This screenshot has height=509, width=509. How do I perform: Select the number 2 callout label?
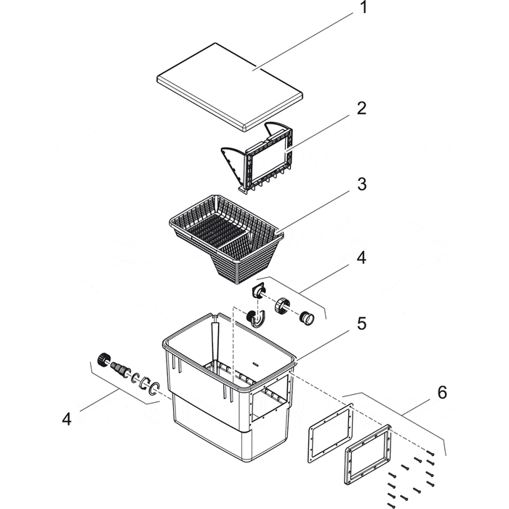pos(361,110)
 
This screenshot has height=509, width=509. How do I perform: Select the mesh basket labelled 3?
pos(225,233)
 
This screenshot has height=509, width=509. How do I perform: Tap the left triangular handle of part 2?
pos(234,160)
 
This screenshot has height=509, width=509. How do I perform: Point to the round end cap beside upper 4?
pos(308,317)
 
